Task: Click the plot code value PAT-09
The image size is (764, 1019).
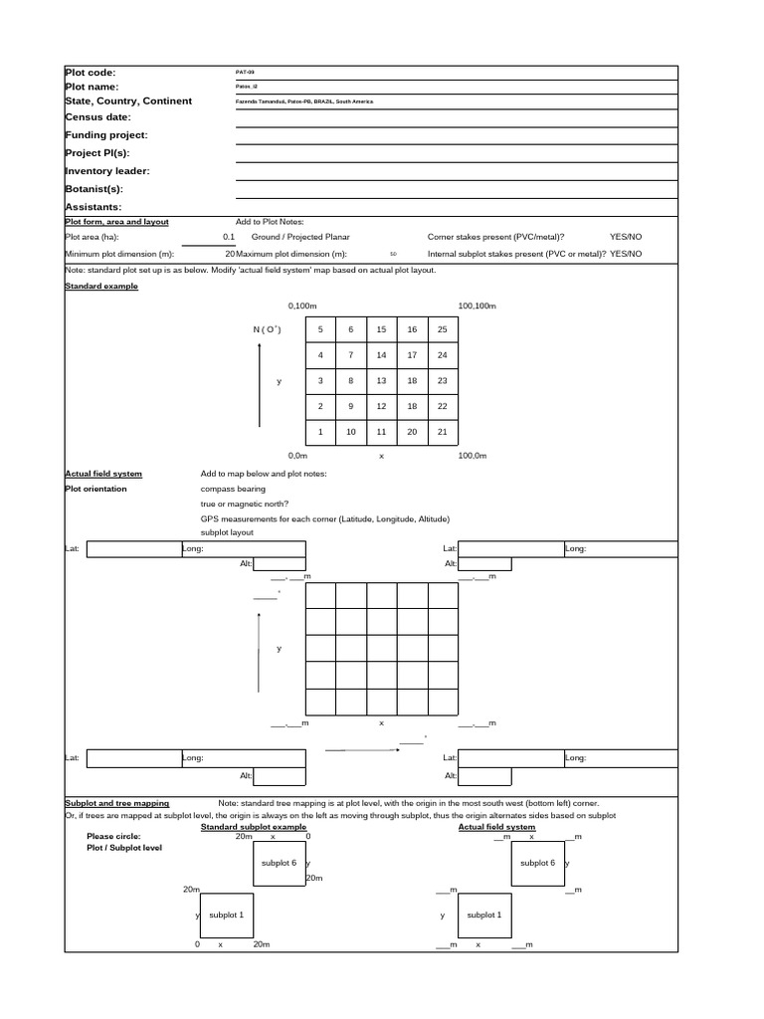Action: click(245, 73)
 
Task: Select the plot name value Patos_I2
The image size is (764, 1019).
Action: click(246, 88)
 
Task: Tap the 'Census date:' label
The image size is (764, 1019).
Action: click(97, 117)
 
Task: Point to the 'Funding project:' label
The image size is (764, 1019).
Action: click(105, 135)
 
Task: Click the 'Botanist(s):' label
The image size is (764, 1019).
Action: click(94, 188)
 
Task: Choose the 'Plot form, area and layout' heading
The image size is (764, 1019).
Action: click(116, 222)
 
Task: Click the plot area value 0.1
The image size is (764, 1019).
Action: click(229, 238)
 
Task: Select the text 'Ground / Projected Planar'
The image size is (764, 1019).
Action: click(300, 238)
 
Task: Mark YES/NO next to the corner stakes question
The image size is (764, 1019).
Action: click(626, 238)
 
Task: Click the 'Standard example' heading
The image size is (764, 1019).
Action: click(101, 287)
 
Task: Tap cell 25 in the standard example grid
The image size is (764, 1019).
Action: click(443, 329)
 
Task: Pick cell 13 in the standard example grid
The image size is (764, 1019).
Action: click(381, 381)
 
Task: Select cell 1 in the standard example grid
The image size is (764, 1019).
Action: click(319, 432)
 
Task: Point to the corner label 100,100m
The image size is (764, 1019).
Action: click(477, 306)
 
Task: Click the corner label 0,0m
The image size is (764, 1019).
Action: click(297, 455)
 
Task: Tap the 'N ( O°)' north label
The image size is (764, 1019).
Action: click(267, 329)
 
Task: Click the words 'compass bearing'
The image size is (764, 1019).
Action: click(233, 489)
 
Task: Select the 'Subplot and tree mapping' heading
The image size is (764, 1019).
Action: click(116, 803)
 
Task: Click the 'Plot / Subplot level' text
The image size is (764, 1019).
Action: click(124, 848)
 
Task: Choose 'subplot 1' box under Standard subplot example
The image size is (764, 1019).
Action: click(226, 914)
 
